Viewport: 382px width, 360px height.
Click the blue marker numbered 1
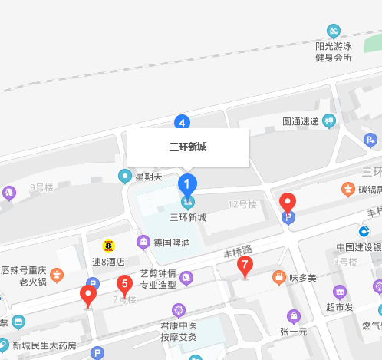click(x=187, y=184)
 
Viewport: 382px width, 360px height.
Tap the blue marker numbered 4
click(x=182, y=121)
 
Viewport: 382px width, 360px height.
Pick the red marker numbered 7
click(x=245, y=266)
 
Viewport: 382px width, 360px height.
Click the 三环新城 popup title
click(x=188, y=147)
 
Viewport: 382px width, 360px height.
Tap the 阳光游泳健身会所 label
click(x=333, y=51)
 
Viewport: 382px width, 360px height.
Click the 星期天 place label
click(x=149, y=177)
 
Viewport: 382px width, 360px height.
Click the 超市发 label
click(x=338, y=307)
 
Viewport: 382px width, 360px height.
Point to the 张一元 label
click(x=293, y=332)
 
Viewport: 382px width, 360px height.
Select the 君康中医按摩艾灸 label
click(x=179, y=331)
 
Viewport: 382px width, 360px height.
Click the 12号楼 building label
click(x=242, y=204)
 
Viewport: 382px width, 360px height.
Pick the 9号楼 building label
click(x=41, y=187)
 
